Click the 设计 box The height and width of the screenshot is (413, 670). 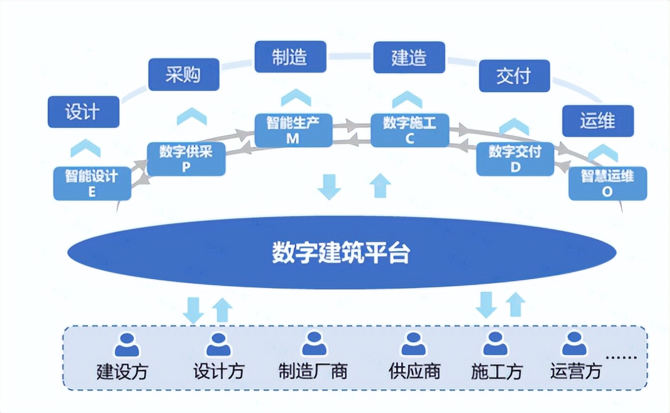(83, 111)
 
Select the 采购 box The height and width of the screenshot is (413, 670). (183, 74)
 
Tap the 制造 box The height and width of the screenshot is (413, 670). (290, 57)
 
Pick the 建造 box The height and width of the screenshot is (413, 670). (409, 57)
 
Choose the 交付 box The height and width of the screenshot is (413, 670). (514, 76)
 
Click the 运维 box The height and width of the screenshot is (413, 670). (597, 121)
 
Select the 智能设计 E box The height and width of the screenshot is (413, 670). (92, 183)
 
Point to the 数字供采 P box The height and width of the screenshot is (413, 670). (186, 159)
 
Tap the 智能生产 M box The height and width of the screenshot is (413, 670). (292, 130)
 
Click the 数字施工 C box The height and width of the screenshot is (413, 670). (409, 130)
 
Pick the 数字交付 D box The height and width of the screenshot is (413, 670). (515, 159)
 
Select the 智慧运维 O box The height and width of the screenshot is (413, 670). (607, 183)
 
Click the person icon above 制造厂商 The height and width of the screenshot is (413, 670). (314, 343)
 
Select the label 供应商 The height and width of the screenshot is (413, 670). (414, 372)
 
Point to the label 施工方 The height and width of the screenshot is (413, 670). (496, 372)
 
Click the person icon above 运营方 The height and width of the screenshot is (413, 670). (574, 343)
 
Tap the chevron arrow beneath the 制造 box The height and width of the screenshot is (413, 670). (292, 97)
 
